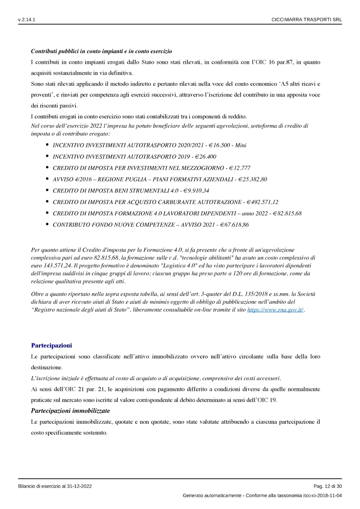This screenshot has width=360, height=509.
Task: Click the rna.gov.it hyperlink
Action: [x=275, y=310]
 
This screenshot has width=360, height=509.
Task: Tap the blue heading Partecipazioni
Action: [x=52, y=345]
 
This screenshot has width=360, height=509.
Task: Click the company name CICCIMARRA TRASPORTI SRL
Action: [x=307, y=20]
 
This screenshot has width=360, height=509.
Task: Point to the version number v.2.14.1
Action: [x=27, y=20]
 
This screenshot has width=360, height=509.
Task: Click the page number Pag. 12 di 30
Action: [x=328, y=486]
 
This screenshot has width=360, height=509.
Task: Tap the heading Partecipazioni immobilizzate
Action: [x=70, y=411]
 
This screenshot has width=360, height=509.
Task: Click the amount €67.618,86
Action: [x=234, y=225]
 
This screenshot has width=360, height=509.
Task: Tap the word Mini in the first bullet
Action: [x=241, y=145]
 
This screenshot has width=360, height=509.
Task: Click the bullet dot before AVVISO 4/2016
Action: [x=47, y=179]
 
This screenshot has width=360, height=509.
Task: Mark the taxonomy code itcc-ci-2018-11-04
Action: [x=322, y=496]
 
